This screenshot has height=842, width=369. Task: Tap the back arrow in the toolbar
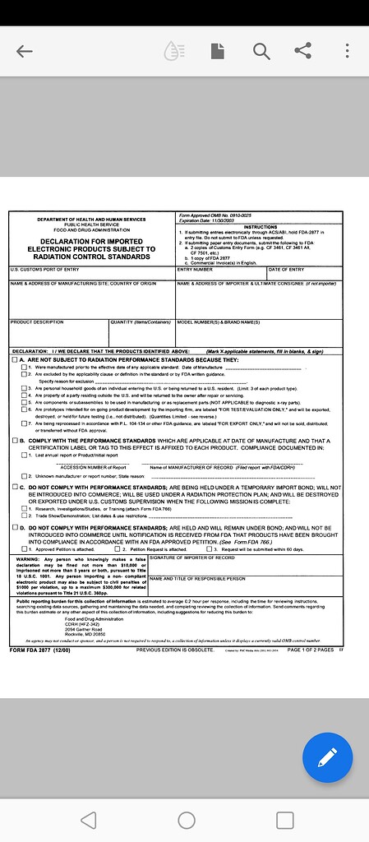(x=25, y=51)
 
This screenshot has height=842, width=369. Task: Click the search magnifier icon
(x=261, y=51)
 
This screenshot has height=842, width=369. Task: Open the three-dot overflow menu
(x=348, y=51)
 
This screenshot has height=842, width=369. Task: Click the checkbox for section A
(x=14, y=360)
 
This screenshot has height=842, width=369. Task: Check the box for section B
(x=14, y=441)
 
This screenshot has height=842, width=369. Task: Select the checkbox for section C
(x=14, y=487)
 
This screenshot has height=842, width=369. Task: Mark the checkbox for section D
(x=14, y=526)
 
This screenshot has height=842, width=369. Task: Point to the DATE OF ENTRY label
(x=286, y=269)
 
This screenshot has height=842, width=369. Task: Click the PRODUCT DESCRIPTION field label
(x=37, y=322)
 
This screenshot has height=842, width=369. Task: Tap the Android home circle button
(x=186, y=820)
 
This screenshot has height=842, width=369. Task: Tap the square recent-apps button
(x=284, y=820)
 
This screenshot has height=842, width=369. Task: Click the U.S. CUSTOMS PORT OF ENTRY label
(x=45, y=269)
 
